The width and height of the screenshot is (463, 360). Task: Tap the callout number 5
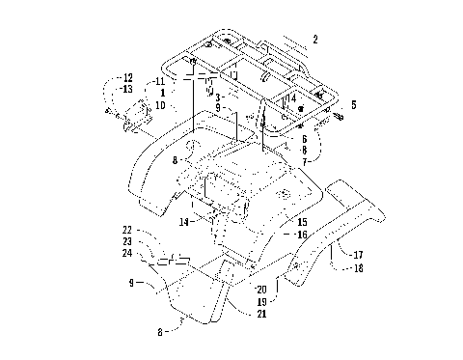353,104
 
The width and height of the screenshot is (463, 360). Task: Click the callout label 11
160,81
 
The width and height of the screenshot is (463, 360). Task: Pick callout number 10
160,104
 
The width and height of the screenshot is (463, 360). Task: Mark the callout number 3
219,97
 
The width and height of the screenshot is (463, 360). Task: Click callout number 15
302,222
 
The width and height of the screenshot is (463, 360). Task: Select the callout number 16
302,235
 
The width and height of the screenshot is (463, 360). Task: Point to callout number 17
358,255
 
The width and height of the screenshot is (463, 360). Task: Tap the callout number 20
259,290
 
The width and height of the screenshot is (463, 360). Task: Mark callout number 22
126,229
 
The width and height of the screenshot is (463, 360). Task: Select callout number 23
126,241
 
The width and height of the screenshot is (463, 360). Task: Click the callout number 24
126,254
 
